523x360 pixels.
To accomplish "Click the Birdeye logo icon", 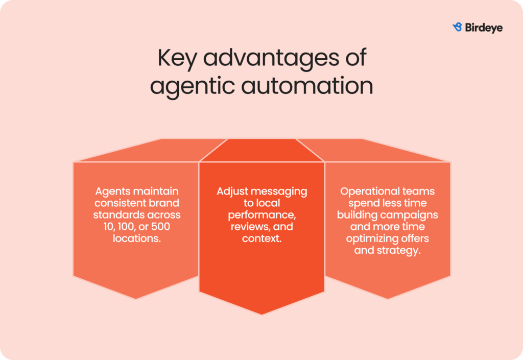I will pos(457,28).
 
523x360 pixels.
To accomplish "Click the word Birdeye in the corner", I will pos(484,28).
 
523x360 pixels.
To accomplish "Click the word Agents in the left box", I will pos(112,191).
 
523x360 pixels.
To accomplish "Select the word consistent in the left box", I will pos(119,203).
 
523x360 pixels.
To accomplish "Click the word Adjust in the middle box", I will pos(232,191).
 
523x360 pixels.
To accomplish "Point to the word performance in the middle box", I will pos(261,215).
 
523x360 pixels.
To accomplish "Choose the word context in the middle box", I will pos(261,238).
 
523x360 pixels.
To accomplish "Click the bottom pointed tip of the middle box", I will pos(261,314).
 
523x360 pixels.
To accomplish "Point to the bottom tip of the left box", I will pos(136,299).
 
